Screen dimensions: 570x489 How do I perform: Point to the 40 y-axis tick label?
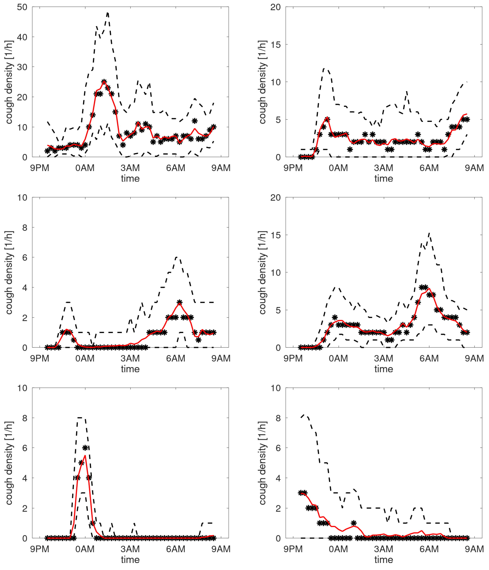[22, 37]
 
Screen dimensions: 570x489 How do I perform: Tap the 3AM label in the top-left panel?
[130, 168]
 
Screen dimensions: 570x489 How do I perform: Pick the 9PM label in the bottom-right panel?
[293, 549]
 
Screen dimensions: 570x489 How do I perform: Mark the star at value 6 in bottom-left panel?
[85, 448]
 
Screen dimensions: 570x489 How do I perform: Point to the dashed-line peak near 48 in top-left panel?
[108, 13]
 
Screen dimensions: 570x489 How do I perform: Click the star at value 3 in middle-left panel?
[179, 302]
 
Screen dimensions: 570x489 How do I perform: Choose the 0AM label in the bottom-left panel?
[85, 549]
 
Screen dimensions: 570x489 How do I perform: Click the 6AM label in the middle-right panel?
[429, 358]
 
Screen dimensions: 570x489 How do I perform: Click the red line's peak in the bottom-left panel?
[85, 456]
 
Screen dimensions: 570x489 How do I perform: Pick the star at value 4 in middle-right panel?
[335, 317]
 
